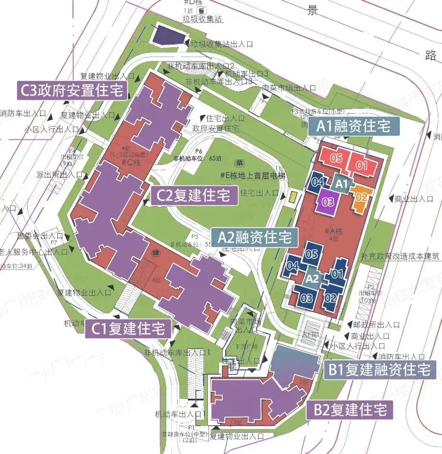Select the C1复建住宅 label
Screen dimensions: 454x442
129,328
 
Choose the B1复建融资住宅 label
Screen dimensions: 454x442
379,370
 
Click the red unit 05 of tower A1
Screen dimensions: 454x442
336,158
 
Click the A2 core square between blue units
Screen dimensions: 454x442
312,279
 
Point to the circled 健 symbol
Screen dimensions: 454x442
156,253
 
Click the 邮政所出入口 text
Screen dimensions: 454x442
376,325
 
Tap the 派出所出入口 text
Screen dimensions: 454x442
60,174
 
